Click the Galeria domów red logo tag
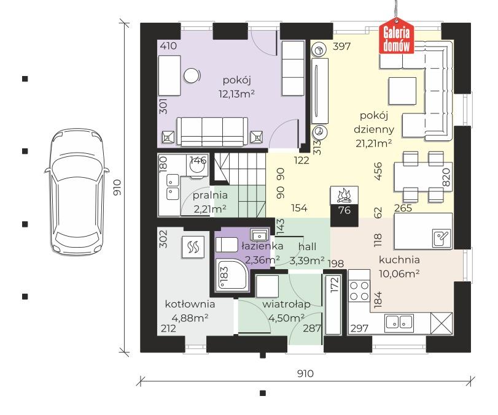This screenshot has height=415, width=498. click(396, 36)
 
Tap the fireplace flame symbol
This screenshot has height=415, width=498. click(344, 196)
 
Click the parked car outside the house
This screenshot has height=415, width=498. click(77, 191)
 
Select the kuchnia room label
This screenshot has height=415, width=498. click(399, 260)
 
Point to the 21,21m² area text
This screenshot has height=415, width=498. click(373, 143)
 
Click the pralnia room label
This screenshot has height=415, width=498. click(210, 196)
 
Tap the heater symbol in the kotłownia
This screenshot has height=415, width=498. click(193, 246)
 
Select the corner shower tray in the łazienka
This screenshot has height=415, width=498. click(232, 275)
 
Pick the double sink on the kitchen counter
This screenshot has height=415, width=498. click(399, 321)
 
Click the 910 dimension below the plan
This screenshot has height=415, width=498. click(305, 373)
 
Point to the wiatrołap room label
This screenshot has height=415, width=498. click(286, 305)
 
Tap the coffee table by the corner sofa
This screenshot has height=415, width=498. click(402, 91)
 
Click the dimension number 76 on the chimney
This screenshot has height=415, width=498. click(344, 210)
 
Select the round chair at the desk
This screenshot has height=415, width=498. click(192, 76)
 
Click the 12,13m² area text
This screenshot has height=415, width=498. click(236, 94)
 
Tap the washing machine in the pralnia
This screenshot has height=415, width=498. click(198, 166)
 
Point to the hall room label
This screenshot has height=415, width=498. click(307, 246)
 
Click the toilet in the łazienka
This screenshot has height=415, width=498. click(226, 245)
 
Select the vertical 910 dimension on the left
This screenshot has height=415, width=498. click(117, 188)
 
